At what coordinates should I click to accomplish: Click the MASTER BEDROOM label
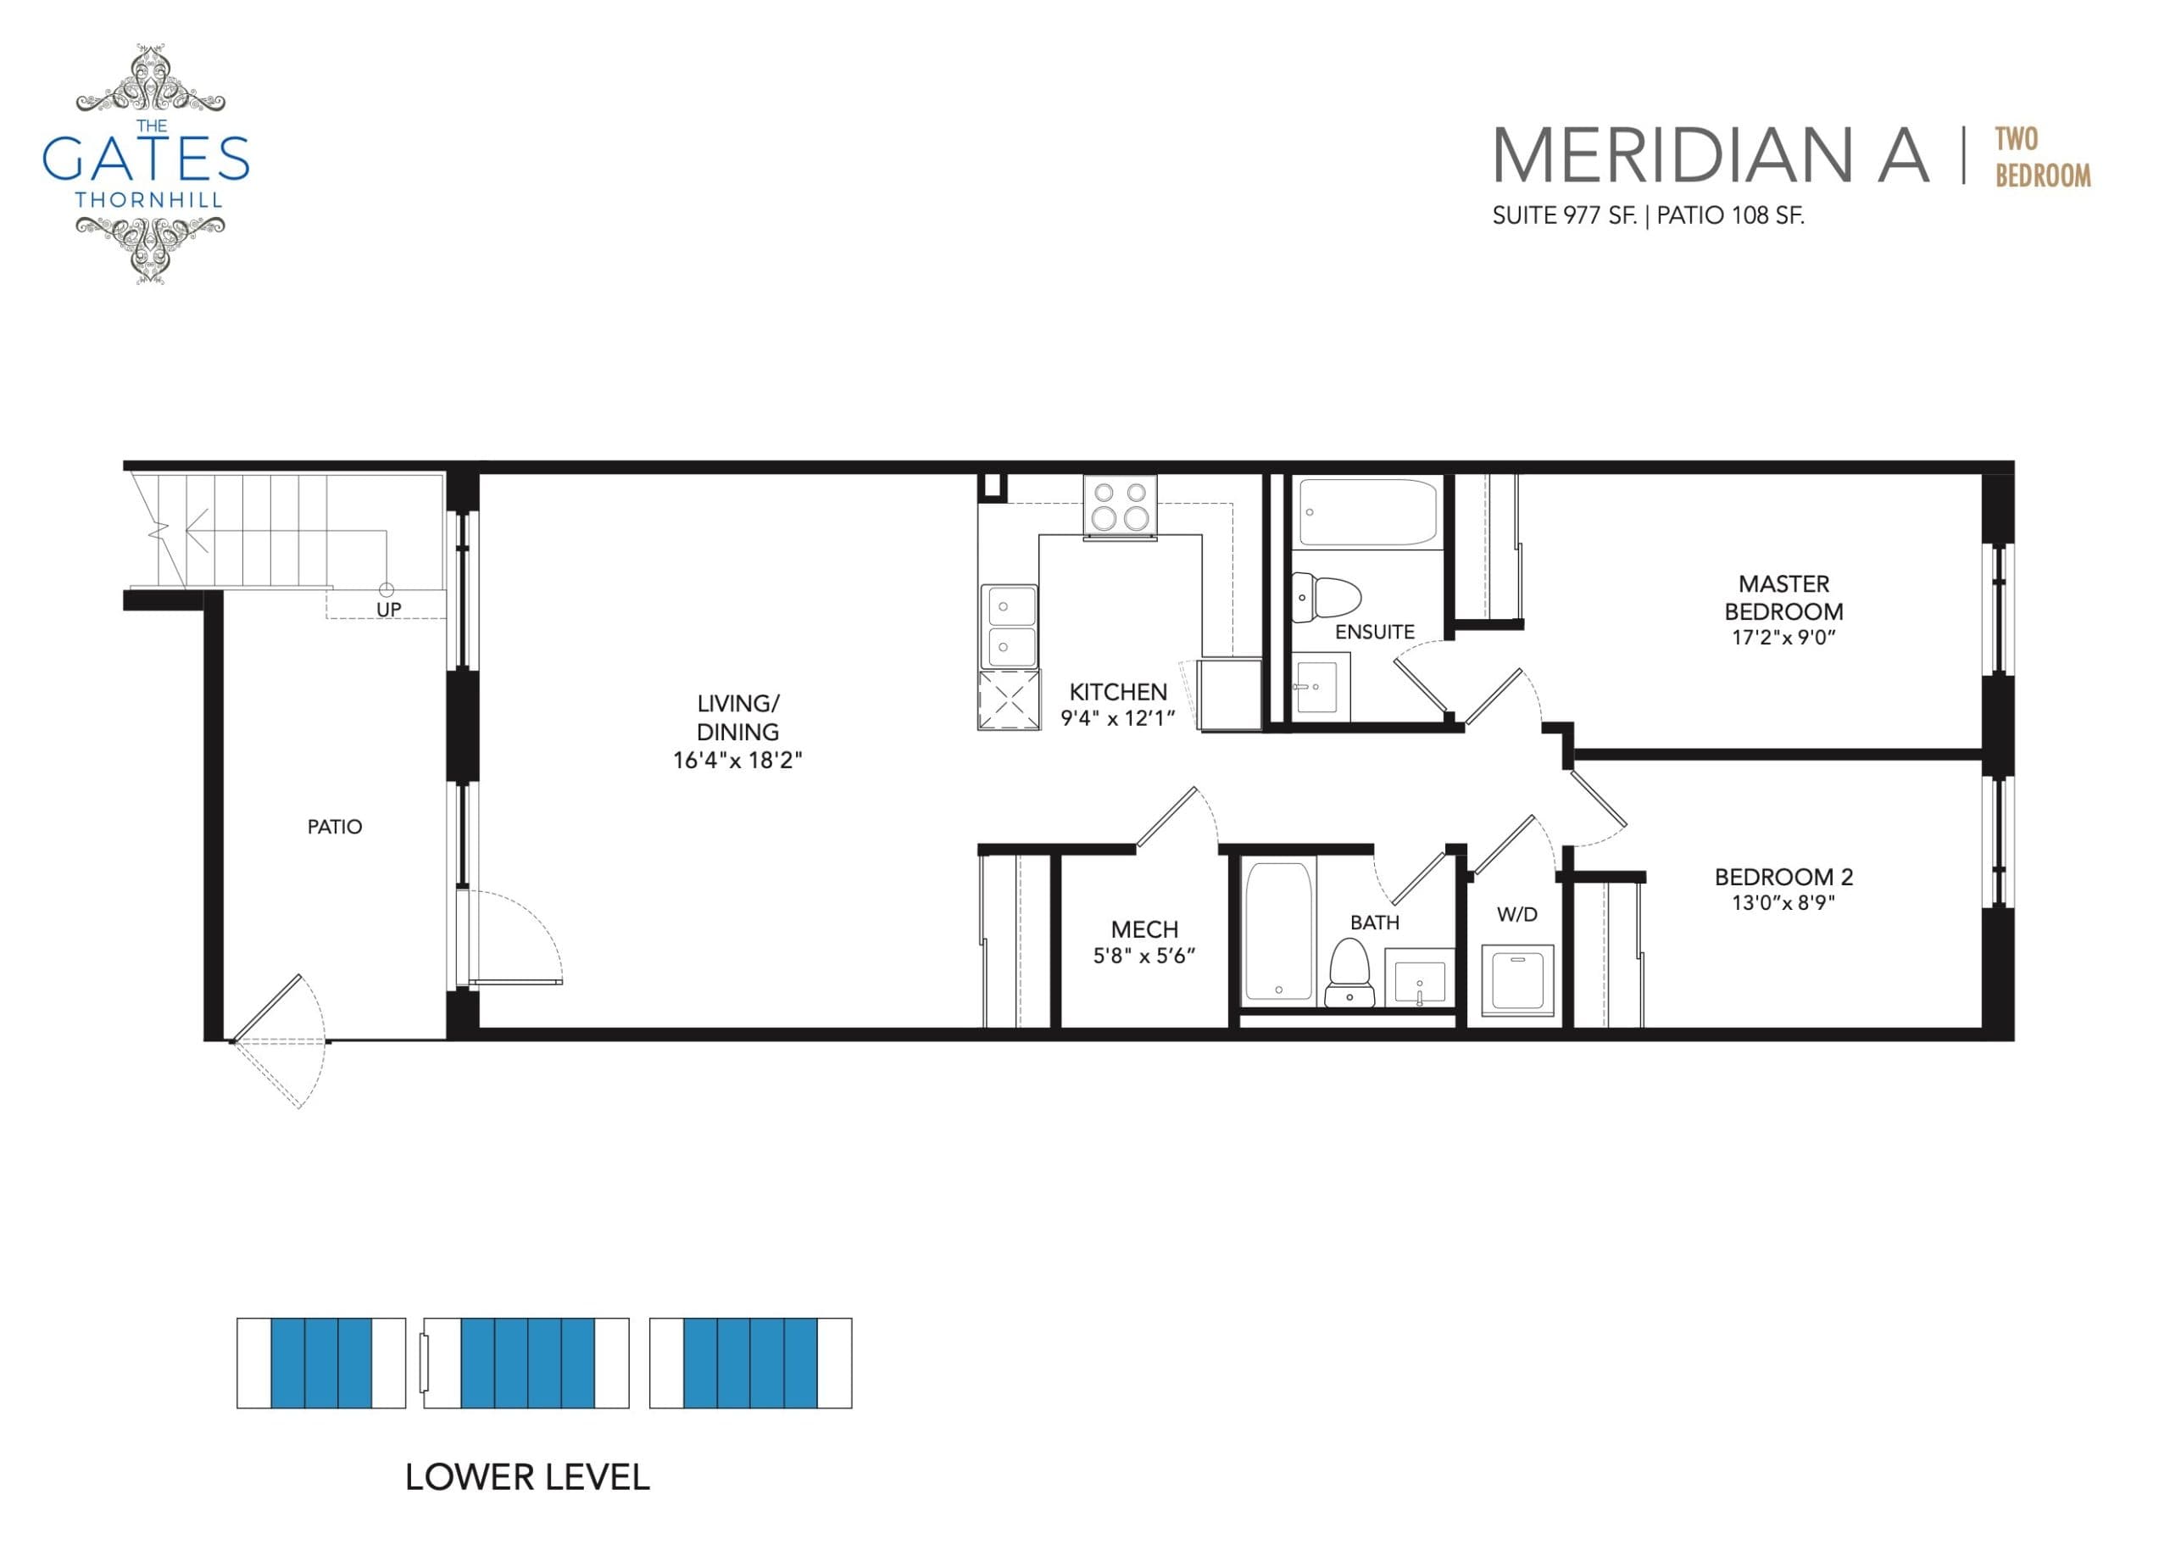(1783, 597)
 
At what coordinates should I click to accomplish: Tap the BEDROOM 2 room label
(1783, 876)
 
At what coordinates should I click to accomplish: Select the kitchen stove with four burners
(1121, 505)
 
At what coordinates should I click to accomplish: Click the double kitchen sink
(1009, 626)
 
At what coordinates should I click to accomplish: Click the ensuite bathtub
(1367, 512)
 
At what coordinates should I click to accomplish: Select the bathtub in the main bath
(1278, 930)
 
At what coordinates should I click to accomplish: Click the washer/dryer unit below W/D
(1516, 980)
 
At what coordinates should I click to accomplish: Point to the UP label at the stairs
(388, 610)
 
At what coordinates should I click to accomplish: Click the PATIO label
(335, 827)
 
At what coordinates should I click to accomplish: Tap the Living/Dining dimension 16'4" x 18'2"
(737, 761)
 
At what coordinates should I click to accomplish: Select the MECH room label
(1144, 929)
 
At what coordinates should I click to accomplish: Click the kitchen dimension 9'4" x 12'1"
(1116, 717)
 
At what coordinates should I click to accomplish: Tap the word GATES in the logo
(146, 159)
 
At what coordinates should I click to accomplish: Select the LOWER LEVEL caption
(527, 1477)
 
